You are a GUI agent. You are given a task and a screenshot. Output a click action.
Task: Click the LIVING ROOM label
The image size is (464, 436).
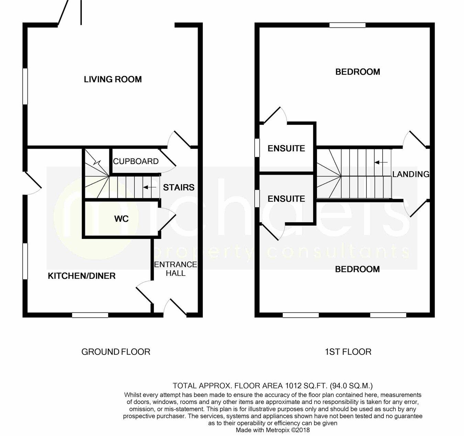(113, 79)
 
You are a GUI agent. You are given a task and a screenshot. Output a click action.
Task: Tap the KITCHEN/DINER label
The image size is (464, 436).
(81, 276)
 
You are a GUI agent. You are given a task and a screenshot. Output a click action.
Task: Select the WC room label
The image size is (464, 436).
(121, 219)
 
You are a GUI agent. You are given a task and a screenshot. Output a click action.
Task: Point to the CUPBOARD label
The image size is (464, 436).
(136, 161)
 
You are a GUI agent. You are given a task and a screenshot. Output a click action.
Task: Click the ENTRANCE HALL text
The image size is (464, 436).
(175, 269)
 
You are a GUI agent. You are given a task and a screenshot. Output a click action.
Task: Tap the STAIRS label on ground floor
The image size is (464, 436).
(179, 187)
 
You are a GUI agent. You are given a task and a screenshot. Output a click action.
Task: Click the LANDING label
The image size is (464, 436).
(411, 174)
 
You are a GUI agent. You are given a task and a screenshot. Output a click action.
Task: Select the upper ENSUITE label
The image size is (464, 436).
(286, 149)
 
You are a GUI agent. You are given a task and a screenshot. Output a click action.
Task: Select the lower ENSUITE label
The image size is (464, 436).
(286, 199)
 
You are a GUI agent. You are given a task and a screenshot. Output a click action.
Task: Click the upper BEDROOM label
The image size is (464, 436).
(358, 72)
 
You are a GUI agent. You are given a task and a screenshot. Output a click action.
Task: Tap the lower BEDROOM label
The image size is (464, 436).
(357, 269)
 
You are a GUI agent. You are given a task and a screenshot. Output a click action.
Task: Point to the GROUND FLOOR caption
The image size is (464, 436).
(116, 352)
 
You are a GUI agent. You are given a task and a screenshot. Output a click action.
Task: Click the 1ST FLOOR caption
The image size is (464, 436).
(348, 352)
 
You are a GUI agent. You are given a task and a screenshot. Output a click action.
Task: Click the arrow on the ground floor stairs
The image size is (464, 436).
(150, 187)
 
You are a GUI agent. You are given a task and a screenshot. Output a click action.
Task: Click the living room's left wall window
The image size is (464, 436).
(25, 86)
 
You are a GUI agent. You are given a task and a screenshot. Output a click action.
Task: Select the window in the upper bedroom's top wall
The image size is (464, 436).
(347, 25)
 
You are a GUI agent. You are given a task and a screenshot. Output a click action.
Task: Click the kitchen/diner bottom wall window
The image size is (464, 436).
(90, 315)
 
